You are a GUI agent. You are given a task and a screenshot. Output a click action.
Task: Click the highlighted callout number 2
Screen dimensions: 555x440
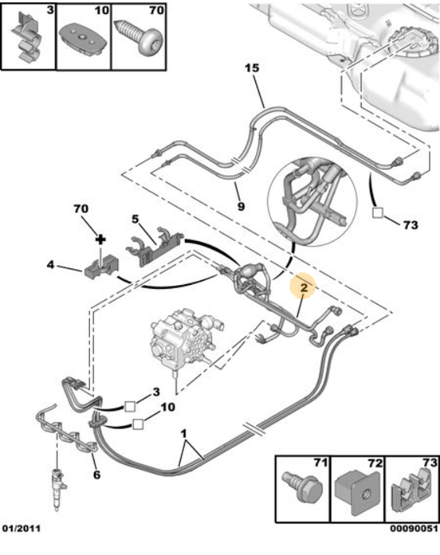click(x=304, y=288)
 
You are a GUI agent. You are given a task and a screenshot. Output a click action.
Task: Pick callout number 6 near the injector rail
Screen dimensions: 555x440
click(x=97, y=475)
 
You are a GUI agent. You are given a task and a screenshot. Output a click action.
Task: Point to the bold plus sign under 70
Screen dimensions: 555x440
click(x=102, y=240)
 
